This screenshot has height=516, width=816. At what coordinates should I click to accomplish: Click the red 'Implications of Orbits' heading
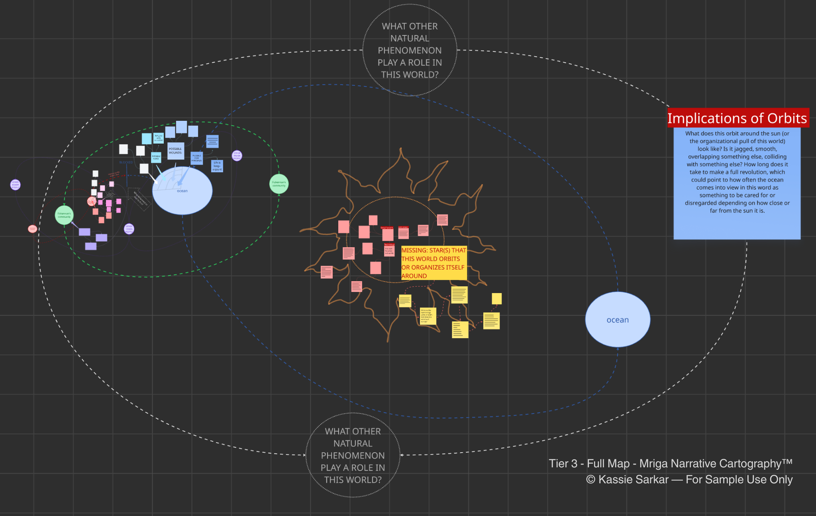[738, 118]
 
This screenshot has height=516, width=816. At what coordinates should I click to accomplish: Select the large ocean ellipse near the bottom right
[618, 319]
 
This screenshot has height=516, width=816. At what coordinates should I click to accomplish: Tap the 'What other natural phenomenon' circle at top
[410, 50]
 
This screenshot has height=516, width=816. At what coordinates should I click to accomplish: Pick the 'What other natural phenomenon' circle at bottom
[353, 455]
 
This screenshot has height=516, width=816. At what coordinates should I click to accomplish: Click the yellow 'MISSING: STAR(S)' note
[433, 263]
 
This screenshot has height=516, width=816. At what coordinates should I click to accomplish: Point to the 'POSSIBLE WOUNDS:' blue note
[175, 151]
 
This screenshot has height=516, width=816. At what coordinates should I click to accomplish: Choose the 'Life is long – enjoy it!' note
[217, 166]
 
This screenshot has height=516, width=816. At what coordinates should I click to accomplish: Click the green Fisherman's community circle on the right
[279, 184]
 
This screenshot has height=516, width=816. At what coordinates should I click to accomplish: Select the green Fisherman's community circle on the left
[64, 215]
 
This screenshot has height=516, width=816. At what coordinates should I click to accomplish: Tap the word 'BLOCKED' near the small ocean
[126, 163]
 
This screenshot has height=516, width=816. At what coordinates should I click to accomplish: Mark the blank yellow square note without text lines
[496, 298]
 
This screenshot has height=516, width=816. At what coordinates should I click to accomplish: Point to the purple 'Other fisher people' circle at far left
[16, 185]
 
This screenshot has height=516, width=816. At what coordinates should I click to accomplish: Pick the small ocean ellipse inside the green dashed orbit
[182, 191]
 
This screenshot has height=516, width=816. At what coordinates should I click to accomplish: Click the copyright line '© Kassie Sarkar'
[689, 479]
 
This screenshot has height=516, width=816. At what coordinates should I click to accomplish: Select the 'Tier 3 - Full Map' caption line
[670, 463]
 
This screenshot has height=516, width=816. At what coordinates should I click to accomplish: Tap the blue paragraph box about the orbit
[737, 183]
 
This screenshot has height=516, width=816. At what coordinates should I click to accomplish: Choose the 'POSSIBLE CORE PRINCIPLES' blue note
[197, 158]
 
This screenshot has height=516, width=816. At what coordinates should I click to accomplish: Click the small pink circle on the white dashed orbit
[33, 229]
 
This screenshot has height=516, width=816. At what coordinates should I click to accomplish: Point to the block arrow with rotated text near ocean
[139, 199]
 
